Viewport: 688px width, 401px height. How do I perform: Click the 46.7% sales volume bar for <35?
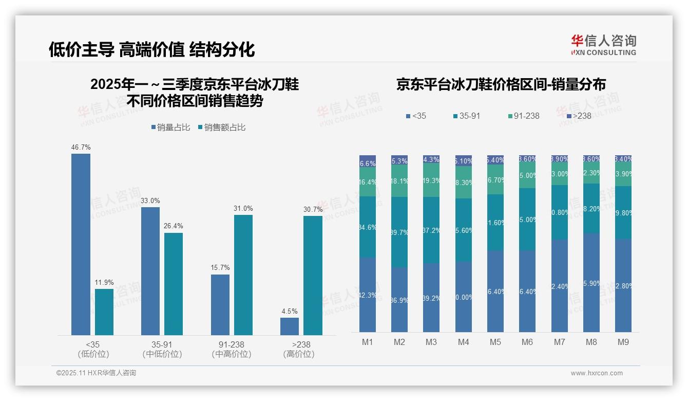[x=81, y=244]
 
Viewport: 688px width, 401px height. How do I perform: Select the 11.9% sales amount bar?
[x=104, y=312]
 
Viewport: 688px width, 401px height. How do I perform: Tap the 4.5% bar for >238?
[x=290, y=326]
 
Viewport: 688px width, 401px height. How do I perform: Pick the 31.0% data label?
[x=243, y=209]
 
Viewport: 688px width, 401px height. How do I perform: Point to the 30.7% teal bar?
[x=313, y=276]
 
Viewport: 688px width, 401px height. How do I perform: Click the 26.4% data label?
[x=174, y=226]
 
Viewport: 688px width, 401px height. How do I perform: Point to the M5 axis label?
[x=495, y=342]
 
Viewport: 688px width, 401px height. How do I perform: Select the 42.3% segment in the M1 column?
[x=368, y=295]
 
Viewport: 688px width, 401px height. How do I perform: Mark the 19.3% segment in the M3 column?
[x=431, y=180]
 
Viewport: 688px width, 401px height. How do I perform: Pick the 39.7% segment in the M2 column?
[x=399, y=232]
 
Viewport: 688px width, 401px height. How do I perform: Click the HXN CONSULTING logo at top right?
[x=603, y=45]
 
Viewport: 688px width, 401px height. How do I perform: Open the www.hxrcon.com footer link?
[x=597, y=373]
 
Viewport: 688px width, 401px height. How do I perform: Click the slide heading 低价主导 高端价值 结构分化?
[x=152, y=50]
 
